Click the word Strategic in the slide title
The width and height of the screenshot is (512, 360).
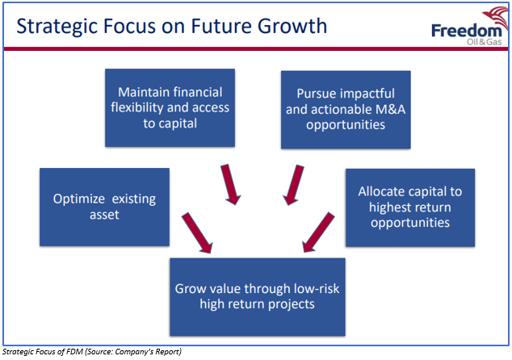point(57,27)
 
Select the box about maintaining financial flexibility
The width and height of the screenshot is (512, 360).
point(170,107)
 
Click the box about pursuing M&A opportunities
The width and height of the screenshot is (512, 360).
point(346,110)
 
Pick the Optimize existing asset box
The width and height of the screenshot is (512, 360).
point(104,207)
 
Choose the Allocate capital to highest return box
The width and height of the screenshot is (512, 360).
point(410,207)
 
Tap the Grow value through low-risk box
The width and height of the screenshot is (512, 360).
point(258,297)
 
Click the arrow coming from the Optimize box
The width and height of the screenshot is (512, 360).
point(197,232)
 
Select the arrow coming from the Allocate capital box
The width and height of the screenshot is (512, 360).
point(318,232)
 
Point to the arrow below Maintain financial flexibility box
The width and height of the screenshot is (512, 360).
point(230,184)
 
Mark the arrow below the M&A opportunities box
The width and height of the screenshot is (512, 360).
point(293,185)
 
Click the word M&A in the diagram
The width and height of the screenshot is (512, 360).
point(390,110)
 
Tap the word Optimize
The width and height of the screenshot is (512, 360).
point(79,199)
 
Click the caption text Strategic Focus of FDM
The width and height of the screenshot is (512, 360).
point(42,352)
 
